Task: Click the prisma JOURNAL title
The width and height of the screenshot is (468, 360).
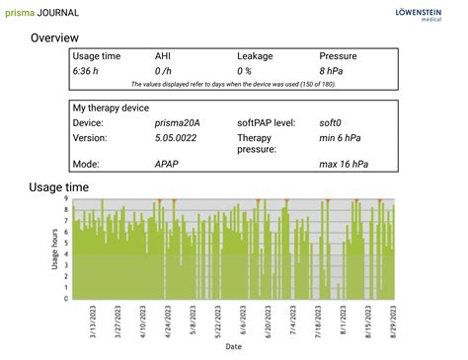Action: [x=42, y=13]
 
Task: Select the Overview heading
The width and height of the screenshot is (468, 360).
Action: [x=54, y=37]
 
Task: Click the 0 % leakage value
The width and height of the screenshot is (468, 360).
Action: [x=246, y=72]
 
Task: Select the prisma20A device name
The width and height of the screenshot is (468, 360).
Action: [x=176, y=122]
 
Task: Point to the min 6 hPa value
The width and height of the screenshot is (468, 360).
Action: [x=342, y=138]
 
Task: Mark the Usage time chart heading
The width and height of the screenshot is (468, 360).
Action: [x=58, y=186]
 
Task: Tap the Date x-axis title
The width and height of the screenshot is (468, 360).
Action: [x=234, y=347]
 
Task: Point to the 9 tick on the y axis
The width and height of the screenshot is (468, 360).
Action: [x=65, y=199]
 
